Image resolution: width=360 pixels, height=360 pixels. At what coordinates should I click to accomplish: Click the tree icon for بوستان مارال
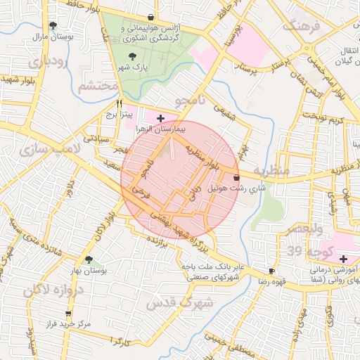pos(53,25)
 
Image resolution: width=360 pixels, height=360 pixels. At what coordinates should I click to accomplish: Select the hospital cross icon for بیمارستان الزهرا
pos(160,118)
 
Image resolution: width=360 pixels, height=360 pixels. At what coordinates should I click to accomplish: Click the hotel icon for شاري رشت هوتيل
pos(236,178)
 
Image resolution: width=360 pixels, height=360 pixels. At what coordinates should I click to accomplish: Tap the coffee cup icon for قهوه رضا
pos(271,271)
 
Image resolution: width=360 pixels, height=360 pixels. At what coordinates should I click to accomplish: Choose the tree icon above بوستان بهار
pos(89,259)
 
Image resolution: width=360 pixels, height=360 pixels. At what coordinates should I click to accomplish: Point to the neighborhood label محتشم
pos(92,86)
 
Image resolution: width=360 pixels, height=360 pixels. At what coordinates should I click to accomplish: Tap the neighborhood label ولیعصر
pos(304,230)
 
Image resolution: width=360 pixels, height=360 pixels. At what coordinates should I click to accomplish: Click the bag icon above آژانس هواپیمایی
pos(150,17)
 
